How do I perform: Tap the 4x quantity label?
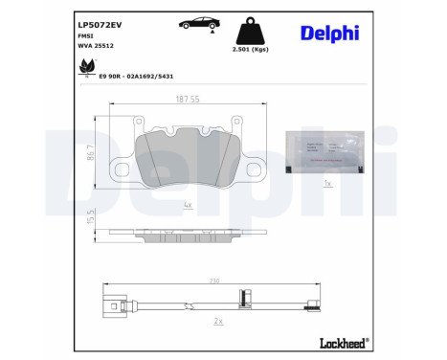tap(187, 204)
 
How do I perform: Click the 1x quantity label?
tap(325, 181)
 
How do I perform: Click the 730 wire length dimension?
tap(214, 281)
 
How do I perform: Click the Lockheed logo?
tap(340, 343)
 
